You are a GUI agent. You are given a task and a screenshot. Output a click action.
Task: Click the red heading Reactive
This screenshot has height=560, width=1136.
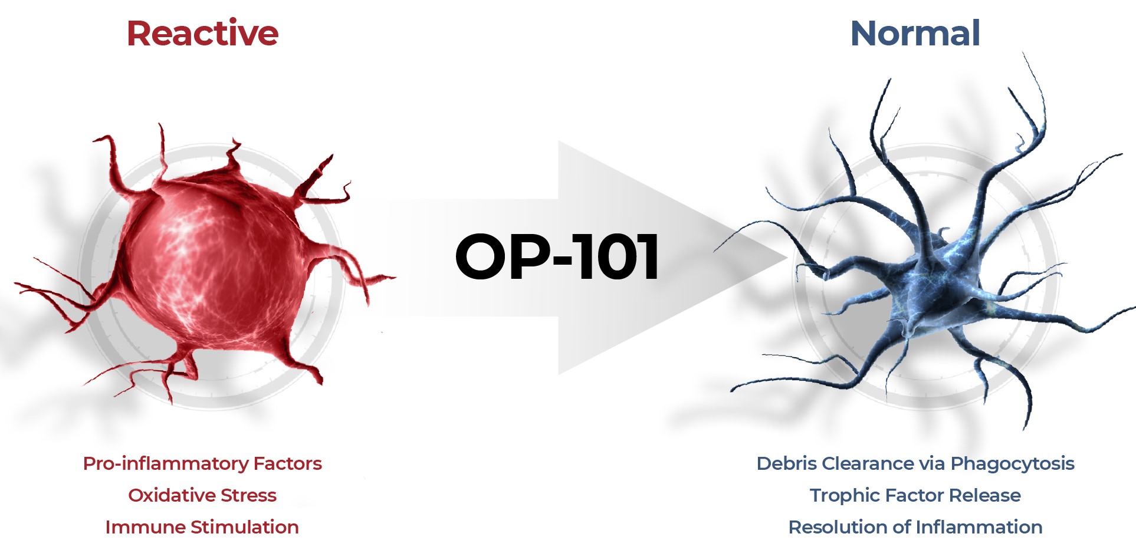point(202,33)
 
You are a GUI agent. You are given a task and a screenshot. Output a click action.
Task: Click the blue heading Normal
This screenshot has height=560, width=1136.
point(915,33)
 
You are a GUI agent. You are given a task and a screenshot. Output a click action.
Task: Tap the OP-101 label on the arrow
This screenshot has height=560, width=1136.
point(557,256)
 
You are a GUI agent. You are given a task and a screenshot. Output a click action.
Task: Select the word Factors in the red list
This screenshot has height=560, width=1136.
point(288,463)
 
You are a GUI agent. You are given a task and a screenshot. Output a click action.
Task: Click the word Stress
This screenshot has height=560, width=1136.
point(248,495)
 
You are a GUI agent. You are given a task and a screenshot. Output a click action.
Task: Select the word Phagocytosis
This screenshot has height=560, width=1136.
point(1013,465)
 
